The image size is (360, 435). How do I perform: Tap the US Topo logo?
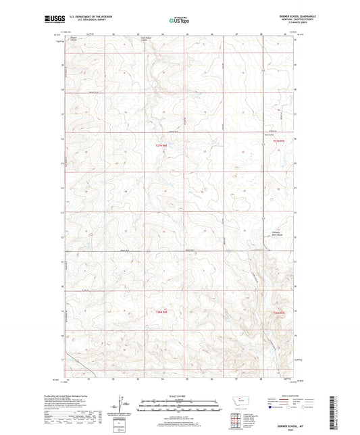click(x=178, y=21)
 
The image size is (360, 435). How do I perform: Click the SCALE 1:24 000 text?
click(x=180, y=395)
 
